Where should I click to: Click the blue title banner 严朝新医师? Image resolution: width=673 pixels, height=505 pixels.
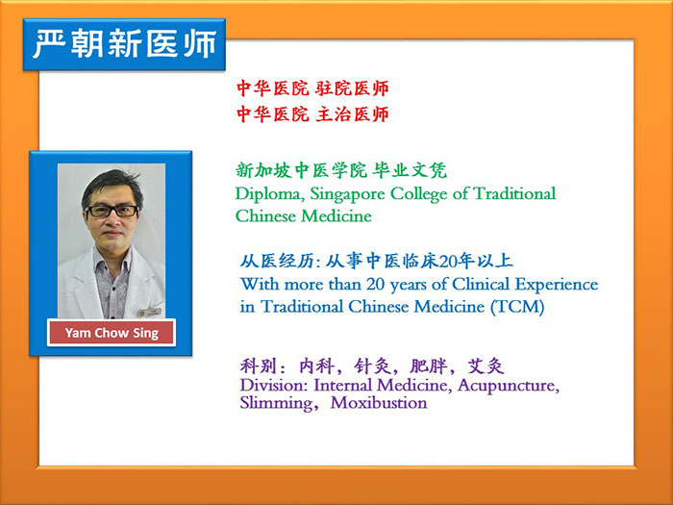(124, 44)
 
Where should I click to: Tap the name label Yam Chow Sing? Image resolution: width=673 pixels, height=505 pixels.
(112, 333)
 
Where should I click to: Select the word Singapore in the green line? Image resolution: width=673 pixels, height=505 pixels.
(347, 194)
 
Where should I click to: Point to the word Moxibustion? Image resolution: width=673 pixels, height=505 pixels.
(379, 403)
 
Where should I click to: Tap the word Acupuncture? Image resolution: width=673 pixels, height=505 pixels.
(509, 386)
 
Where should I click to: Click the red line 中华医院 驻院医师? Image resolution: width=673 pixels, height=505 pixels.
(312, 88)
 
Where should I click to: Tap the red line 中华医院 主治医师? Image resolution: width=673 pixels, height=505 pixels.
(312, 114)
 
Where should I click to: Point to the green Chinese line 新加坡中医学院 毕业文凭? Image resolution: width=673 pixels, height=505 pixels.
(341, 170)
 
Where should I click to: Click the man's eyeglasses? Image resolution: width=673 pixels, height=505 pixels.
(112, 211)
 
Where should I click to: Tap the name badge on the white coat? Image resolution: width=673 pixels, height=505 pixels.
(149, 313)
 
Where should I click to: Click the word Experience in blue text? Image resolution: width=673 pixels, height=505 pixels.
(557, 285)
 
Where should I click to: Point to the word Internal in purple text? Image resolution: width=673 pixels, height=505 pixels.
(343, 385)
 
